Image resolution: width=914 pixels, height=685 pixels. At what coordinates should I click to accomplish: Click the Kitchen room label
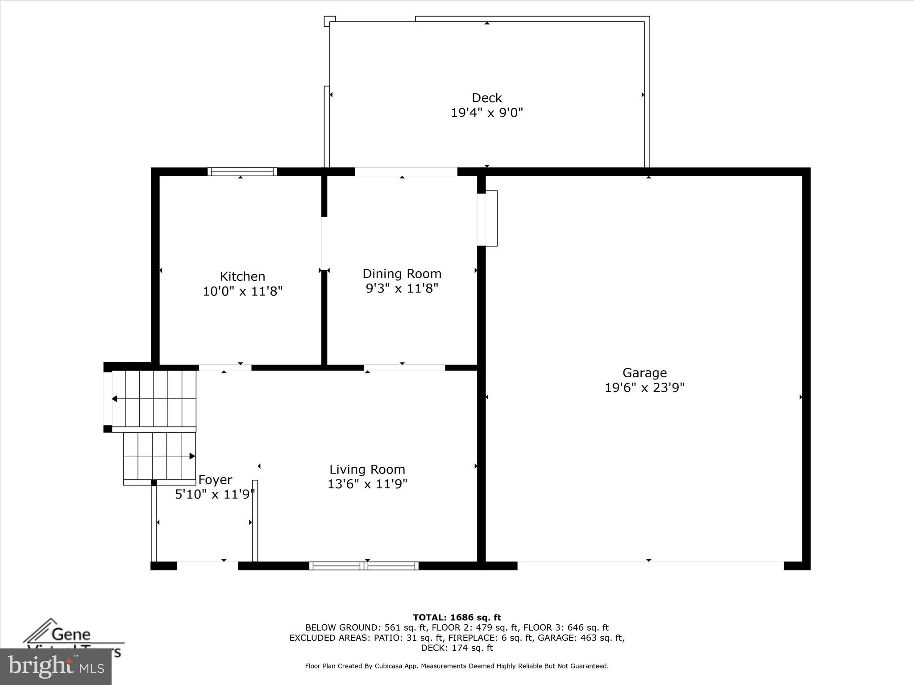click(x=242, y=276)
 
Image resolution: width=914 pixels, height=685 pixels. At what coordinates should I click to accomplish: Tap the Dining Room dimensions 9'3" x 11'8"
click(x=402, y=289)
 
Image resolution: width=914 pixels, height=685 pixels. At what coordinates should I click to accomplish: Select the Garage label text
click(x=644, y=372)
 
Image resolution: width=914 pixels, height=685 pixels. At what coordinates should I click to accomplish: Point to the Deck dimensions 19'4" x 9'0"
click(x=486, y=113)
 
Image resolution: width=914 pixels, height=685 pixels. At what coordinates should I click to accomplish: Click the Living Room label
click(x=367, y=469)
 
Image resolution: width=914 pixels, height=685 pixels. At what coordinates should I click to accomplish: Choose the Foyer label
click(x=215, y=480)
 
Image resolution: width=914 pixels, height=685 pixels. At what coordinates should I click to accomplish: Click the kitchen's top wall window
click(x=242, y=172)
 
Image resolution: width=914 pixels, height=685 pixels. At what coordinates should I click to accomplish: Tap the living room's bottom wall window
click(x=364, y=566)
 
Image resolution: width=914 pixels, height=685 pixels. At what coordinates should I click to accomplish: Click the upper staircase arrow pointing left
click(x=115, y=399)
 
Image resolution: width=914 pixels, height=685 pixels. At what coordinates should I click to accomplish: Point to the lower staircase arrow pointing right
click(x=191, y=456)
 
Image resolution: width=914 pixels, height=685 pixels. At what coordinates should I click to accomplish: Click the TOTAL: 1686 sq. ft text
click(x=457, y=618)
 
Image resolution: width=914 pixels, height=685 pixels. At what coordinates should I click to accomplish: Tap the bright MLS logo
click(x=56, y=667)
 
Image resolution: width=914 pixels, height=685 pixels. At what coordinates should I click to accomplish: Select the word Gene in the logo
click(x=71, y=634)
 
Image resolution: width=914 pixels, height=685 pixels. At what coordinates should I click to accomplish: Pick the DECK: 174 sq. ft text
click(x=457, y=648)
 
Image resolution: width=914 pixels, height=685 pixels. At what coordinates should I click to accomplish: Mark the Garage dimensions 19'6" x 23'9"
click(x=644, y=388)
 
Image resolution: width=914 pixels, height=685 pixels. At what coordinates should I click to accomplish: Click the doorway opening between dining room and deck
click(x=406, y=172)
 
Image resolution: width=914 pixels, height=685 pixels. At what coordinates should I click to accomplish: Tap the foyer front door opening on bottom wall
click(x=208, y=565)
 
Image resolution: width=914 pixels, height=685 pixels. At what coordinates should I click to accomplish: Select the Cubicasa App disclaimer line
click(x=457, y=666)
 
